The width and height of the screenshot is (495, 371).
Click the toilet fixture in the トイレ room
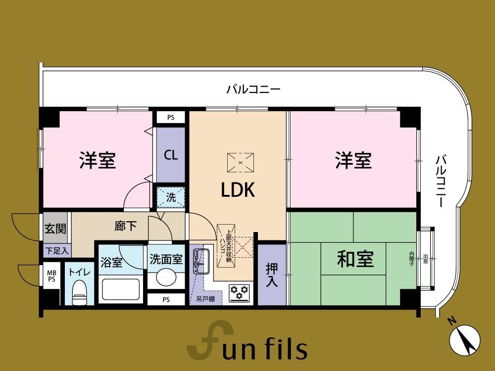[79, 293]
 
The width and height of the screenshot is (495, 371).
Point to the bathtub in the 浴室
[121, 289]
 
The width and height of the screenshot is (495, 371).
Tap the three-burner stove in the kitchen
[239, 293]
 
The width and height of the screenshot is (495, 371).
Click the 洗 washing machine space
[171, 197]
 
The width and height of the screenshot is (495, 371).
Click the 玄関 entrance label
[55, 228]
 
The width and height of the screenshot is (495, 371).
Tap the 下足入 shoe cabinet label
[57, 251]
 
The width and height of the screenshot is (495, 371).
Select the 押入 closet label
[272, 275]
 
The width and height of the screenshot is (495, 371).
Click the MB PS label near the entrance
[51, 276]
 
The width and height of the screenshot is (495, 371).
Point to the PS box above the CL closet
[171, 118]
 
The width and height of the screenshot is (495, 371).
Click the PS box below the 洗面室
[166, 300]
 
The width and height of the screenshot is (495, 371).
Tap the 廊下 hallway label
[125, 226]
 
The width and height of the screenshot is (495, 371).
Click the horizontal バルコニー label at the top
[253, 89]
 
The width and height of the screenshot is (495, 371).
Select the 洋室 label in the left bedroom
[97, 160]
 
